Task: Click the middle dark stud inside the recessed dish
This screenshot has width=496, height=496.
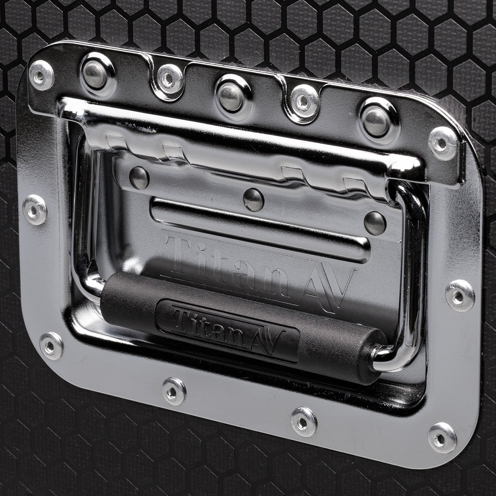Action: click(x=253, y=199)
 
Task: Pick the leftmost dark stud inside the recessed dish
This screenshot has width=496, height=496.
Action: click(x=139, y=178)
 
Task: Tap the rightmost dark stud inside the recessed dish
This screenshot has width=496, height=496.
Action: click(x=375, y=222)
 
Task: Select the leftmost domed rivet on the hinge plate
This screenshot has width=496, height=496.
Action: click(x=96, y=75)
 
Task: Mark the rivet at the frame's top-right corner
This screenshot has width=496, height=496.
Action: click(x=442, y=143)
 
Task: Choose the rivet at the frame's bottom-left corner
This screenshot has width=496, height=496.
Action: click(x=52, y=345)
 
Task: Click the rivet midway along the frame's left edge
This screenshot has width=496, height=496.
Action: click(x=35, y=210)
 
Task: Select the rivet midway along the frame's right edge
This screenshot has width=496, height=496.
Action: click(x=460, y=295)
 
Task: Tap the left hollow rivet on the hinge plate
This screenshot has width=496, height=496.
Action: click(x=170, y=78)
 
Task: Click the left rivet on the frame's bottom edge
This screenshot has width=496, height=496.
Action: click(x=174, y=391)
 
